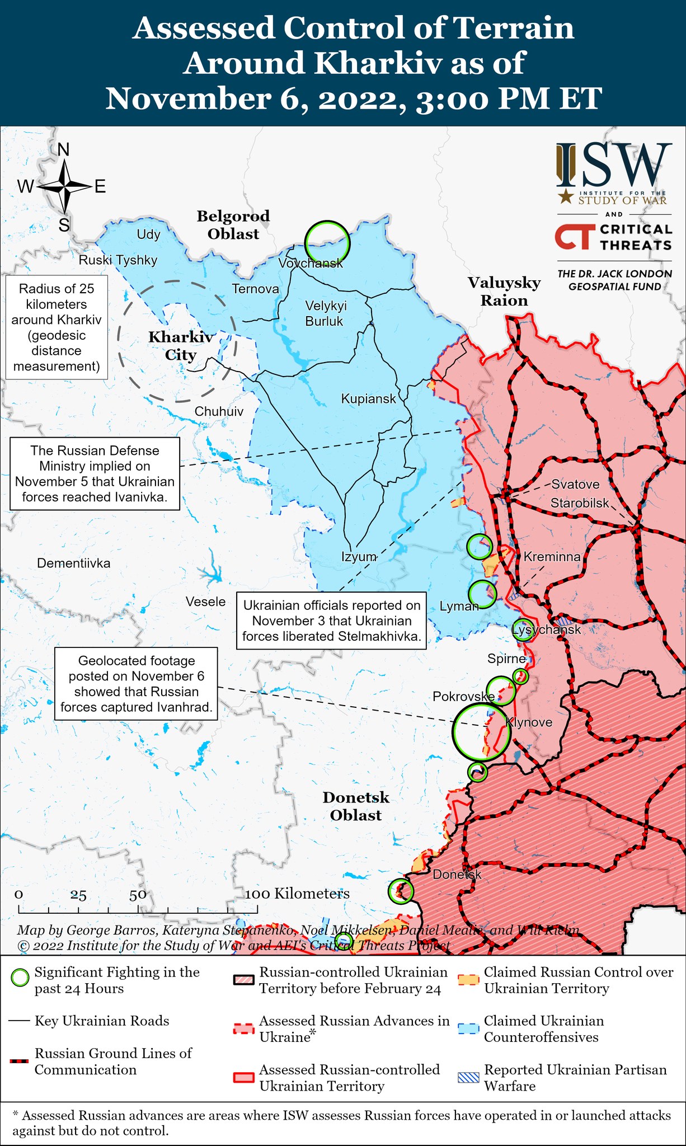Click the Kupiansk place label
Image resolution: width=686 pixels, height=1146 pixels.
coord(368,399)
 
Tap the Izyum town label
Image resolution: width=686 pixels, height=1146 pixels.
coord(359,556)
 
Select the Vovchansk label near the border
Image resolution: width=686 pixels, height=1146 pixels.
coord(311,263)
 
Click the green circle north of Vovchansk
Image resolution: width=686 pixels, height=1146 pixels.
coord(327,243)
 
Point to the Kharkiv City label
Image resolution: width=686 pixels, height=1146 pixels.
coord(180,346)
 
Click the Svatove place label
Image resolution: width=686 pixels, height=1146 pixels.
coord(575,484)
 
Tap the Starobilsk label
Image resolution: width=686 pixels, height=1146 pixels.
coord(580,502)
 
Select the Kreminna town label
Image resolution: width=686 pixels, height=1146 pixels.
coord(552,556)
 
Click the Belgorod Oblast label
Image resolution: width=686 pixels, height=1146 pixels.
coord(233,225)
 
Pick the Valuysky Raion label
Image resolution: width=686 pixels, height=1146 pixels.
coord(504,291)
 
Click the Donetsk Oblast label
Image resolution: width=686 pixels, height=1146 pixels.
coord(356,806)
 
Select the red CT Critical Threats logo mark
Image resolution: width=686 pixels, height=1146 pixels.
coord(573,237)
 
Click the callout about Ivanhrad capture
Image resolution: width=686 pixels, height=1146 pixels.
coord(137,684)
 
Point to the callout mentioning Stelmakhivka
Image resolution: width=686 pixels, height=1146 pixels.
coord(331,621)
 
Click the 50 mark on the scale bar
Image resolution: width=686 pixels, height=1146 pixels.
coord(138,895)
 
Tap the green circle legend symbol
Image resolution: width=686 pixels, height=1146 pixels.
coord(20,979)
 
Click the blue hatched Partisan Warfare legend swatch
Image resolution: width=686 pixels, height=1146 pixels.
coord(468,1077)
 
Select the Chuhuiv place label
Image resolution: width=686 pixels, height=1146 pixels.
coord(219,411)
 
